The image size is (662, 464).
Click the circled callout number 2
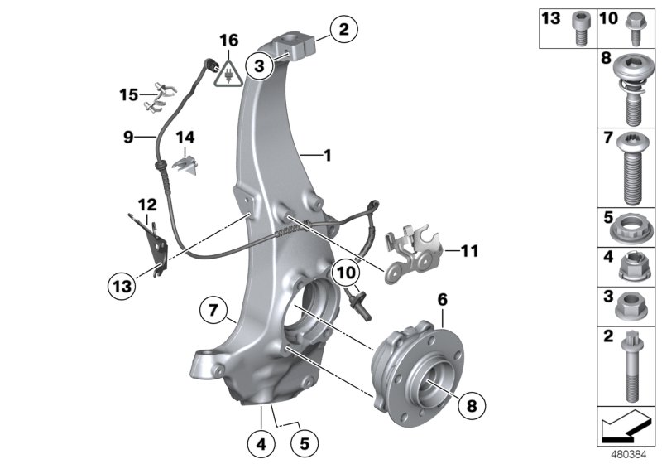[x=343, y=31]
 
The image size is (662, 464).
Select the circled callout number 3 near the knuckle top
[x=260, y=65]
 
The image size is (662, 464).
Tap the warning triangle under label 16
[x=229, y=75]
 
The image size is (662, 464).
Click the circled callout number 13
[x=122, y=286]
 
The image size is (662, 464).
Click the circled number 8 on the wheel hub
[x=471, y=406]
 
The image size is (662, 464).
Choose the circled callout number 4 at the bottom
[x=261, y=443]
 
